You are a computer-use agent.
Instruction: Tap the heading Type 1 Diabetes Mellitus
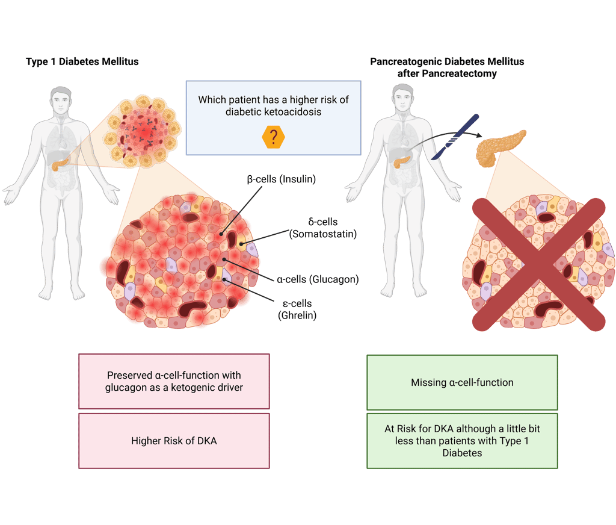pyautogui.click(x=82, y=61)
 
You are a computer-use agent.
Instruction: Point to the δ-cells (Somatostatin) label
pyautogui.click(x=323, y=228)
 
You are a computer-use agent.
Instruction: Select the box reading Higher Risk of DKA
pyautogui.click(x=174, y=441)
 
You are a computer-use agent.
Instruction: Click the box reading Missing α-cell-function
pyautogui.click(x=462, y=382)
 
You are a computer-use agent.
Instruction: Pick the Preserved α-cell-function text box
pyautogui.click(x=174, y=381)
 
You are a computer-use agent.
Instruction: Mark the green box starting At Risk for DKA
pyautogui.click(x=462, y=441)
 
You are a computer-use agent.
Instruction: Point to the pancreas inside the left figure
pyautogui.click(x=59, y=163)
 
